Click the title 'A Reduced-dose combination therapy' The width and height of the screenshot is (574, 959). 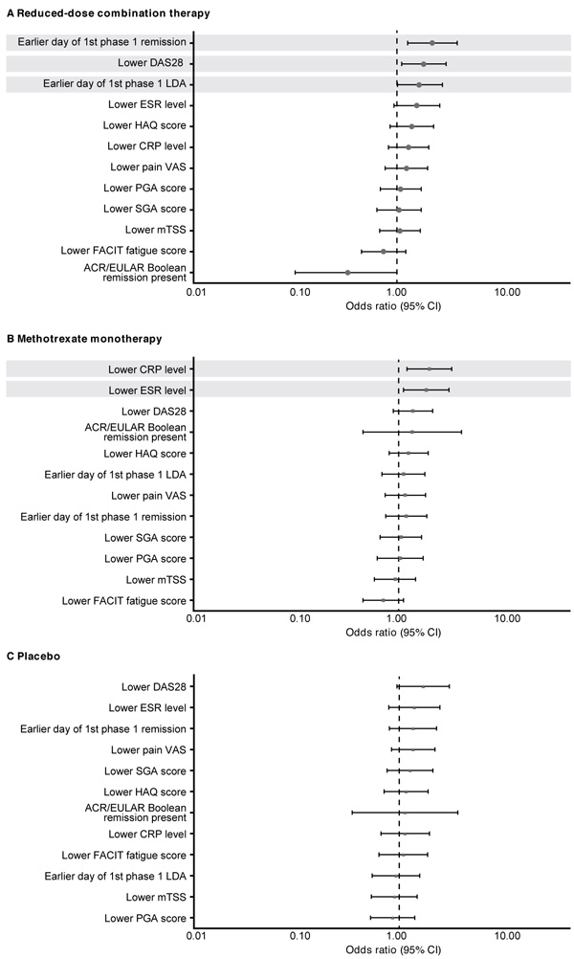(x=108, y=12)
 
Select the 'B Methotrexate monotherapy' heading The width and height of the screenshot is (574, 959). (x=84, y=338)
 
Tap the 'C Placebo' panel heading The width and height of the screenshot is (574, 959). (x=33, y=657)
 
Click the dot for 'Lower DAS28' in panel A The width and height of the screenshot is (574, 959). (x=424, y=63)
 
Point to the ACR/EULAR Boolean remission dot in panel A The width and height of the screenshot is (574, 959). (x=348, y=272)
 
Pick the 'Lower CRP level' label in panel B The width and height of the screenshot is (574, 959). (x=147, y=369)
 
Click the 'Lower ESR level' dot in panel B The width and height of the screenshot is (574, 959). (x=426, y=390)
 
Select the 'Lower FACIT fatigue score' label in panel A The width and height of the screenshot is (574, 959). (x=123, y=250)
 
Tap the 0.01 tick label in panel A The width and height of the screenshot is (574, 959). (x=195, y=293)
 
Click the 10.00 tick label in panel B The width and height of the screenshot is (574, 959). (x=507, y=618)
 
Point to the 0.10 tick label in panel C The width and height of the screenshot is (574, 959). (x=300, y=936)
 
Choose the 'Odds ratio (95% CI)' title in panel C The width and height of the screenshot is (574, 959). (x=393, y=949)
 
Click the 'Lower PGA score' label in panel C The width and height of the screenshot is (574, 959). (x=144, y=918)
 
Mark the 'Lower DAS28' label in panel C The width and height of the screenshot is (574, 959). (x=153, y=687)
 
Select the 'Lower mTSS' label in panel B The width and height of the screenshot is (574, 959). (x=156, y=580)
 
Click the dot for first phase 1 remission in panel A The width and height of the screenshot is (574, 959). (x=432, y=43)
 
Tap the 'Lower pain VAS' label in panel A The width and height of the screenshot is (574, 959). (x=148, y=167)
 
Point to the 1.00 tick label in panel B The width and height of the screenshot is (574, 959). (x=397, y=618)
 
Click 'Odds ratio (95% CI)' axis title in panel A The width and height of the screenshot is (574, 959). (x=393, y=306)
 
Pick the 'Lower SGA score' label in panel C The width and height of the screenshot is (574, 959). (x=144, y=770)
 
